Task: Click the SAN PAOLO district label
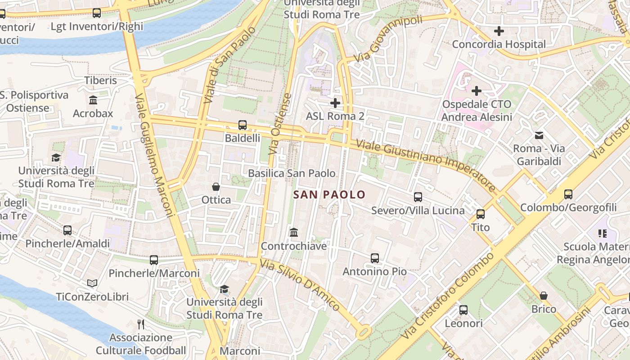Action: point(329,194)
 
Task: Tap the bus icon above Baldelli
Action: point(243,125)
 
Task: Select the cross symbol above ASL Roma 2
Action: point(335,103)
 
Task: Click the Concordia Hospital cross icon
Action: point(499,31)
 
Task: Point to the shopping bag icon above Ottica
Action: point(216,186)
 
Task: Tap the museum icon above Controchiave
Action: point(294,233)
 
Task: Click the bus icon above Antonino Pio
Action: point(375,258)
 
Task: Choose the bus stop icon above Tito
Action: point(481,214)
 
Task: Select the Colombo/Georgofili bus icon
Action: point(568,194)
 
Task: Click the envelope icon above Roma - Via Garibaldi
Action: point(539,135)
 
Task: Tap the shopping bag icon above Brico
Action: point(544,296)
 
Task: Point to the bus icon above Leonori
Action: point(463,310)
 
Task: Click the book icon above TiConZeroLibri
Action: point(92,283)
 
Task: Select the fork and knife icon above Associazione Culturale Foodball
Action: point(141,324)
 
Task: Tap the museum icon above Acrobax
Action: point(93,100)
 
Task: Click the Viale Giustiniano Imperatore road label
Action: point(426,165)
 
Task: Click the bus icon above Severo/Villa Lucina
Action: point(418,197)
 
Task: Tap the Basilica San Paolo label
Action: point(292,173)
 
